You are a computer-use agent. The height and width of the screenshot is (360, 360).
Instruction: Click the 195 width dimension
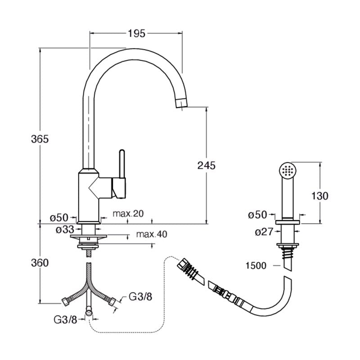(x=137, y=34)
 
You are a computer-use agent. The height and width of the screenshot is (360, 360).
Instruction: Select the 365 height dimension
(x=40, y=139)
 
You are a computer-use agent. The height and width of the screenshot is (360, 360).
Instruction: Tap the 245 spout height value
(x=207, y=165)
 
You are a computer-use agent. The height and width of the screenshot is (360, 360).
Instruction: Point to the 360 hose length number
(x=40, y=263)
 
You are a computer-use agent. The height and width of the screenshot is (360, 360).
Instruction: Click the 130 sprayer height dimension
(x=320, y=196)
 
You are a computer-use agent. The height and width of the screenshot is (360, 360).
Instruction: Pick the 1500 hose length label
(x=256, y=265)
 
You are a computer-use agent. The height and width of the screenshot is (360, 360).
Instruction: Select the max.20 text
(x=128, y=213)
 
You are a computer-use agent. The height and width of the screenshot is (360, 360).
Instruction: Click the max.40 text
(x=152, y=234)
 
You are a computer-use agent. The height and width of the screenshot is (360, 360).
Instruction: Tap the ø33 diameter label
(x=65, y=229)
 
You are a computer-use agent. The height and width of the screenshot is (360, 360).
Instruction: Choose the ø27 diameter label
(x=264, y=232)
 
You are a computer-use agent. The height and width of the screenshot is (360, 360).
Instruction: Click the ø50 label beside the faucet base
(x=59, y=217)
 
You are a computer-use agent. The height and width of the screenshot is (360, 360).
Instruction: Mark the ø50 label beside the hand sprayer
(x=257, y=215)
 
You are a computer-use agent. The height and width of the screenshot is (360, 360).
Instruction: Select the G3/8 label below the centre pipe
(x=65, y=319)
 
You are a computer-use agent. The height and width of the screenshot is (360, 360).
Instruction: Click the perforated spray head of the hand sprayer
(x=288, y=171)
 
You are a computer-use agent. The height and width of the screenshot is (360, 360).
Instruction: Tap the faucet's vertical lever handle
(x=122, y=164)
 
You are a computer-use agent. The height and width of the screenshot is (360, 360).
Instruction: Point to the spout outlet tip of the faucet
(x=181, y=103)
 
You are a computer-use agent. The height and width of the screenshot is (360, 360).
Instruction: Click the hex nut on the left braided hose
(x=65, y=301)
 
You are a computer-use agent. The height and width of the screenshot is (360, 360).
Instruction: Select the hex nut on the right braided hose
(x=112, y=301)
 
